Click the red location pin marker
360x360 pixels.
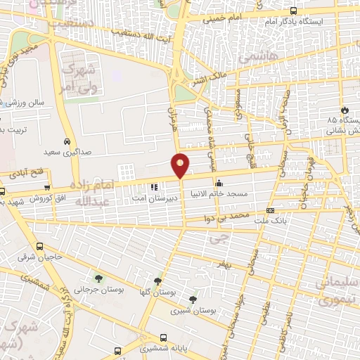click(x=181, y=165)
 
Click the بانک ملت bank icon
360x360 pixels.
click(x=270, y=210)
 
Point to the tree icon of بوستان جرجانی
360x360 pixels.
click(x=98, y=278)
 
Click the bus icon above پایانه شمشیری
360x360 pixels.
click(x=164, y=337)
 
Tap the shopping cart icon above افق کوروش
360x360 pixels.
click(x=47, y=188)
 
